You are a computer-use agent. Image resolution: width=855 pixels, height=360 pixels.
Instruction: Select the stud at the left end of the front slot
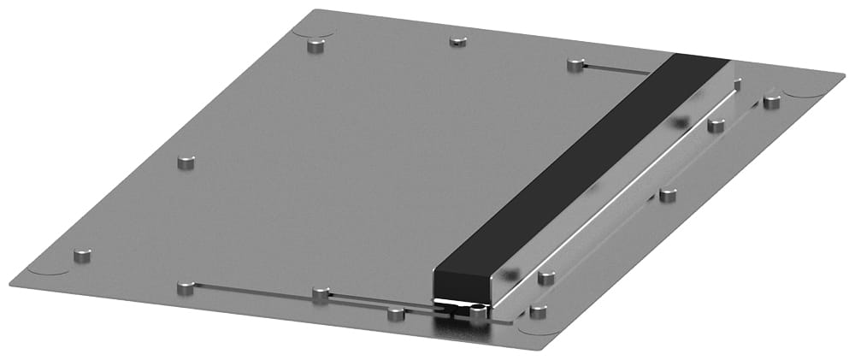coord(184,288)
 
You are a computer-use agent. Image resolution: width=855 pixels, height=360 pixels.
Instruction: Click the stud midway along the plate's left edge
coord(186,162)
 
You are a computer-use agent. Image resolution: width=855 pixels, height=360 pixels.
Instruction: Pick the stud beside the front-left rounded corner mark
coord(82,256)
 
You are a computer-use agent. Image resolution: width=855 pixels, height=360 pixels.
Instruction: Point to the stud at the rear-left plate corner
coord(316,44)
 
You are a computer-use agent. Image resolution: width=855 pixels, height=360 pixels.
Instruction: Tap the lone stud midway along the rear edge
coord(457,40)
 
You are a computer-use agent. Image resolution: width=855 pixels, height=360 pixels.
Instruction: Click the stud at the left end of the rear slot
coord(575,65)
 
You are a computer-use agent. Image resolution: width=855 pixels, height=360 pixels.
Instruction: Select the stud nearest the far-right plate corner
coord(771,102)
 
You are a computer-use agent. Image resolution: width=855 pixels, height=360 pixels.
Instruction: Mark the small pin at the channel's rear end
coord(737,84)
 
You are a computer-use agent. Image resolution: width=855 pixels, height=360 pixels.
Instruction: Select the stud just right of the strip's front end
coord(546,277)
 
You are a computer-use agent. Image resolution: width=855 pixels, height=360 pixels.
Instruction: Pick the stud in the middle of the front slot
coord(321,295)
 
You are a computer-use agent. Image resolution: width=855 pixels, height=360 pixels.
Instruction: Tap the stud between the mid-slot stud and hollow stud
coord(395,313)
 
